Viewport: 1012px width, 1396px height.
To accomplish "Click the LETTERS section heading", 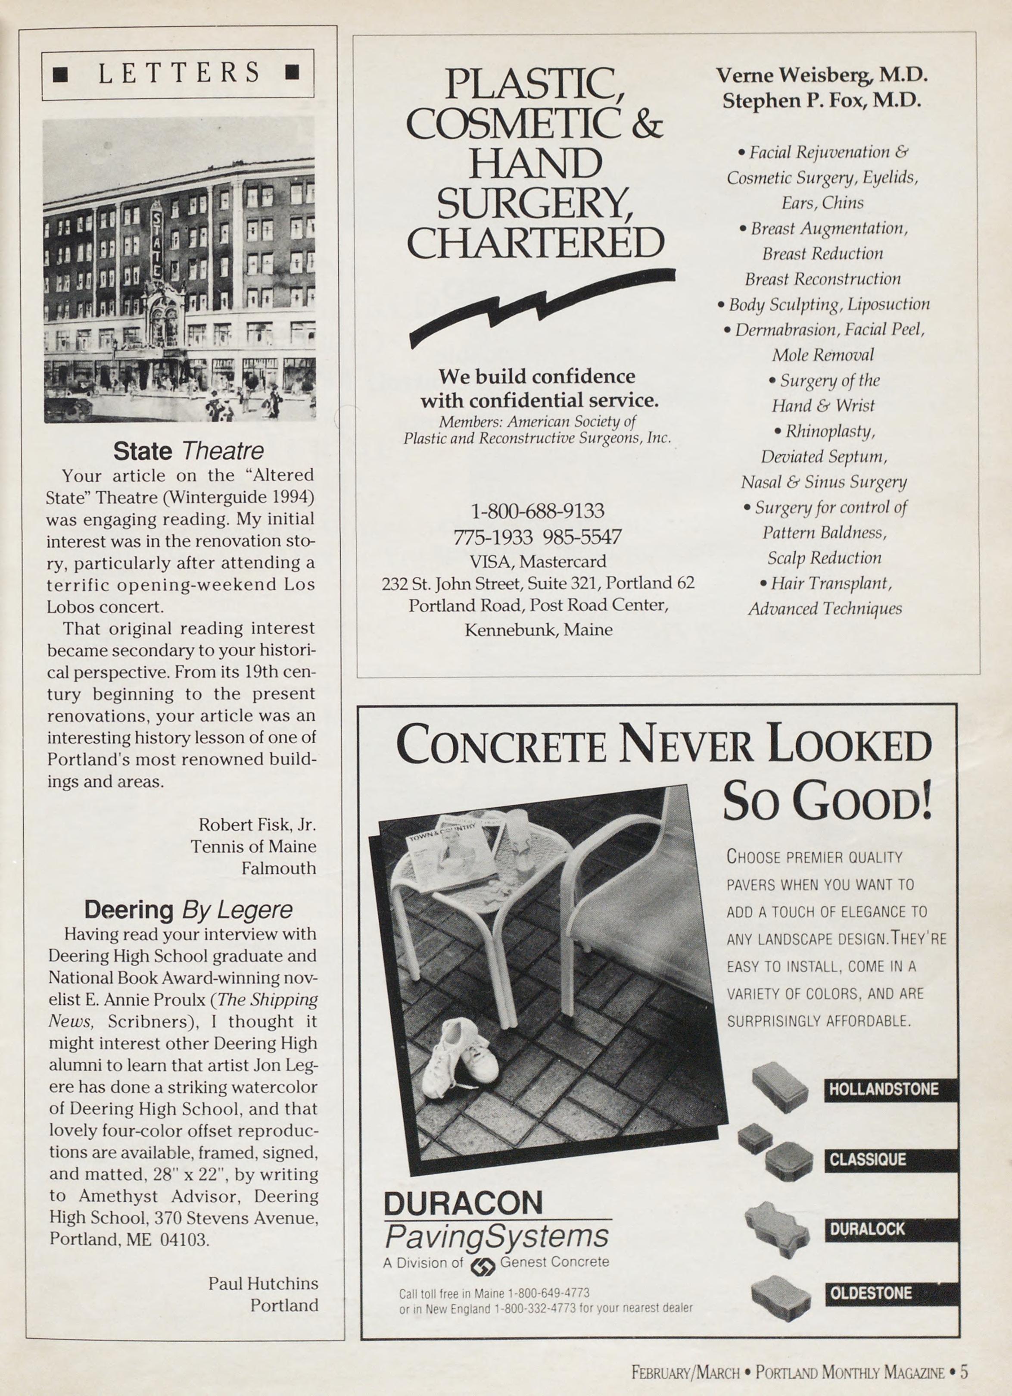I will [178, 73].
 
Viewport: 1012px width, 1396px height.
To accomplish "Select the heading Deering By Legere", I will [188, 909].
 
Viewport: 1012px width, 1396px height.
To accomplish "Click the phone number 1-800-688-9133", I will [537, 511].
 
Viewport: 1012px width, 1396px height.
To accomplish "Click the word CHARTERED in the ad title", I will [535, 243].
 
